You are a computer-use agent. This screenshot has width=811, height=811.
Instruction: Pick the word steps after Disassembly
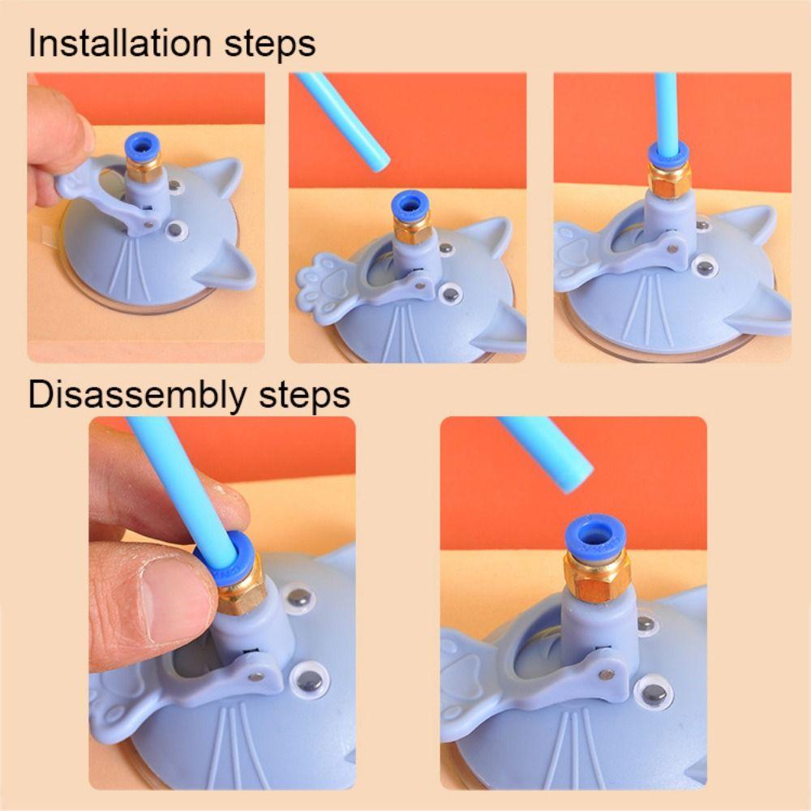point(302,396)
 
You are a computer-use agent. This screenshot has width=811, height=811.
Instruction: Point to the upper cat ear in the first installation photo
point(220,177)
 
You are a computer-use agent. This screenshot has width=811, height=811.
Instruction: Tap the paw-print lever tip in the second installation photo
point(322,279)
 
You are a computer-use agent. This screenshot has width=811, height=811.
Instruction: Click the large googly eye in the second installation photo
point(449,292)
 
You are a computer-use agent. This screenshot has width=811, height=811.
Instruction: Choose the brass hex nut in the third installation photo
point(668,180)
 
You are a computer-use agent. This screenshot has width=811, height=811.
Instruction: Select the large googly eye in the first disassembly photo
point(310,674)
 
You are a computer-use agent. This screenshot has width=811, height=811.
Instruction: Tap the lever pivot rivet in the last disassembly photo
point(605,673)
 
